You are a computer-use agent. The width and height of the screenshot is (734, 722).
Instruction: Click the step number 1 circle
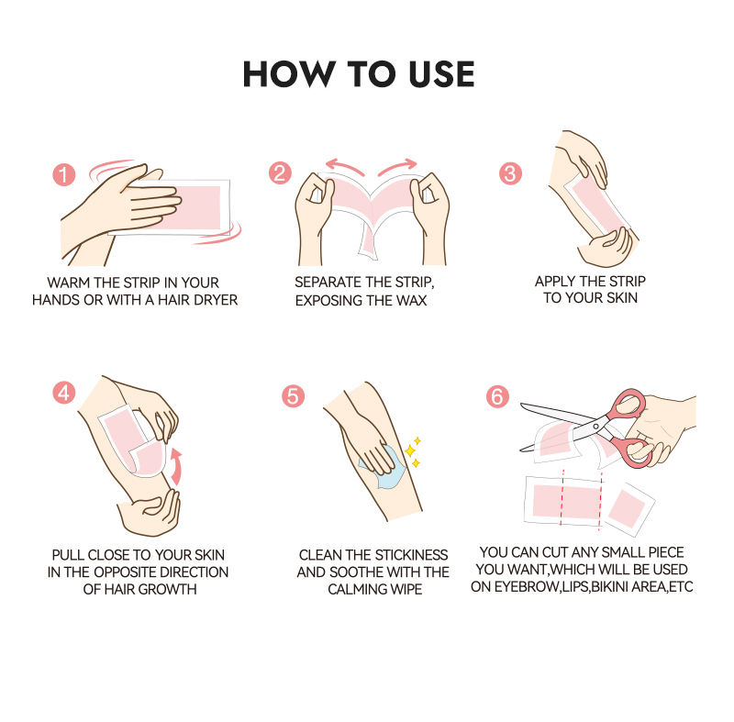coord(63,174)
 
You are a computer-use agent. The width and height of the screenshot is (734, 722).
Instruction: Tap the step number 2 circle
coord(280,173)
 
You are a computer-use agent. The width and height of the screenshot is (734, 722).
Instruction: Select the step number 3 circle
coord(510,173)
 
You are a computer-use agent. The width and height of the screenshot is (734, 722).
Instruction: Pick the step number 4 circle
coord(63,393)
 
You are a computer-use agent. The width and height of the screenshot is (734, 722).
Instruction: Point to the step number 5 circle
coord(293,395)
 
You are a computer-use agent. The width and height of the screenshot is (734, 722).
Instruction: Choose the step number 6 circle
coord(497,396)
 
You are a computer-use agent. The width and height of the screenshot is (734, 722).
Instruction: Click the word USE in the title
coord(441,74)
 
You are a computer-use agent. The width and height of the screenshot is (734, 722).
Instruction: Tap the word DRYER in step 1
coord(216,300)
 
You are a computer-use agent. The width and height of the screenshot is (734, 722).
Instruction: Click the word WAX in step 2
coord(411,300)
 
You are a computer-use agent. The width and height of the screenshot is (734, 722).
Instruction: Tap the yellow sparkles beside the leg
coord(413,451)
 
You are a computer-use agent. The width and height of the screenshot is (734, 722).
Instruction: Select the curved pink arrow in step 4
coord(176,467)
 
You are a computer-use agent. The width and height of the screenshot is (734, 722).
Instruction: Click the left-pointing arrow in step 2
coord(344,167)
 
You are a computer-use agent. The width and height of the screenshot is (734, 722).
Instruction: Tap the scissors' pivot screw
coord(595,427)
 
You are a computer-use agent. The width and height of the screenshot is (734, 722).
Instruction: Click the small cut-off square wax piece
coord(628,511)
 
